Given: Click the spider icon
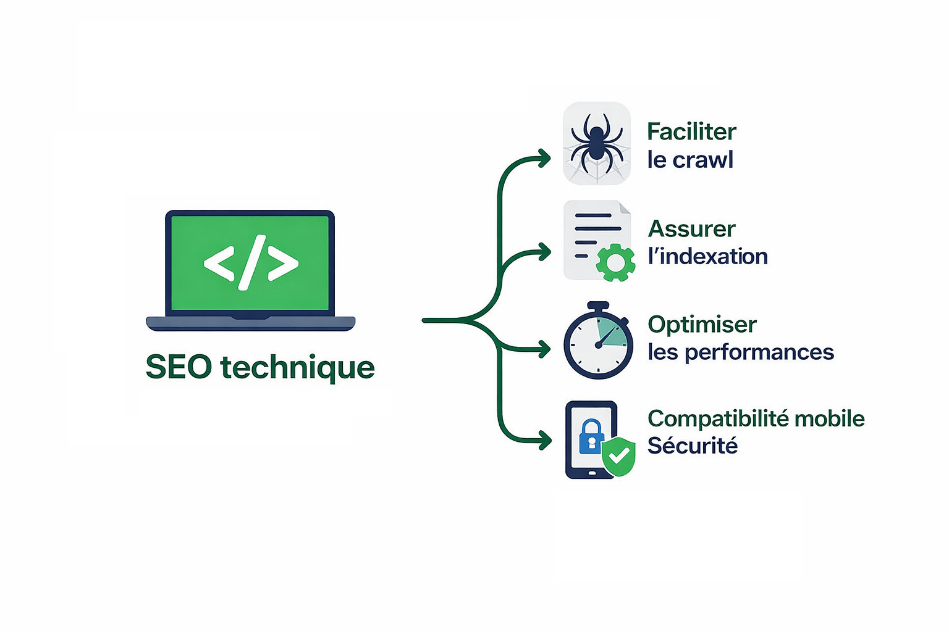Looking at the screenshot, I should [x=596, y=143].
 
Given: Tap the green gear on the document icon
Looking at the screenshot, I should [x=615, y=262].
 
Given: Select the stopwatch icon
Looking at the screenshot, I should [x=598, y=341].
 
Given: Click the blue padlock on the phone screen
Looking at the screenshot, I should [x=591, y=436].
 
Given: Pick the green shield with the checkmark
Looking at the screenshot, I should [x=619, y=457].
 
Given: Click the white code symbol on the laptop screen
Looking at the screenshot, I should [x=251, y=262].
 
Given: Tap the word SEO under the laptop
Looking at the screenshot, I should [x=179, y=367].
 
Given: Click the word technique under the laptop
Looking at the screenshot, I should [x=297, y=368].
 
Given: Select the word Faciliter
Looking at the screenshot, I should [x=691, y=131].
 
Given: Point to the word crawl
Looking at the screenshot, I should [x=702, y=160].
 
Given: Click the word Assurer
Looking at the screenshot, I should [x=691, y=229].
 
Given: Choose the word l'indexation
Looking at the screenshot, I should [x=707, y=256].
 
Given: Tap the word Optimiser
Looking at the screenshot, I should [x=702, y=325].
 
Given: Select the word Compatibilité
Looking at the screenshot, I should [x=717, y=419].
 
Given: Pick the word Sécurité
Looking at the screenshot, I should [x=692, y=446].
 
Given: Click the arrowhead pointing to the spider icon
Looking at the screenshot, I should [x=544, y=159].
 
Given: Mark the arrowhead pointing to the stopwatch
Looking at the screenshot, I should [x=544, y=349].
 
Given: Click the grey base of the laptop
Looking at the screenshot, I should [x=250, y=323].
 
